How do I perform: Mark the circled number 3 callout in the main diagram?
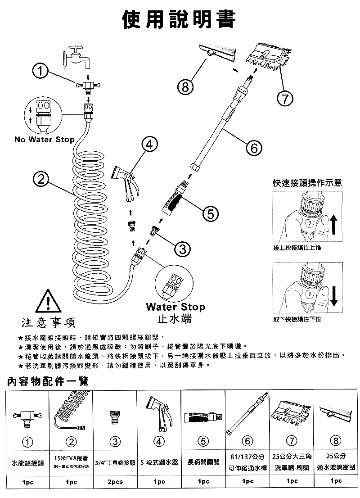[182, 249]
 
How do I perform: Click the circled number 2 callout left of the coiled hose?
[41, 179]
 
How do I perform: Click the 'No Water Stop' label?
[45, 140]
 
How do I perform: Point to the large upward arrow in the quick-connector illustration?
[333, 223]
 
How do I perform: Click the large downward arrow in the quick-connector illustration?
[333, 294]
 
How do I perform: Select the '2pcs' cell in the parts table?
[116, 481]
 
